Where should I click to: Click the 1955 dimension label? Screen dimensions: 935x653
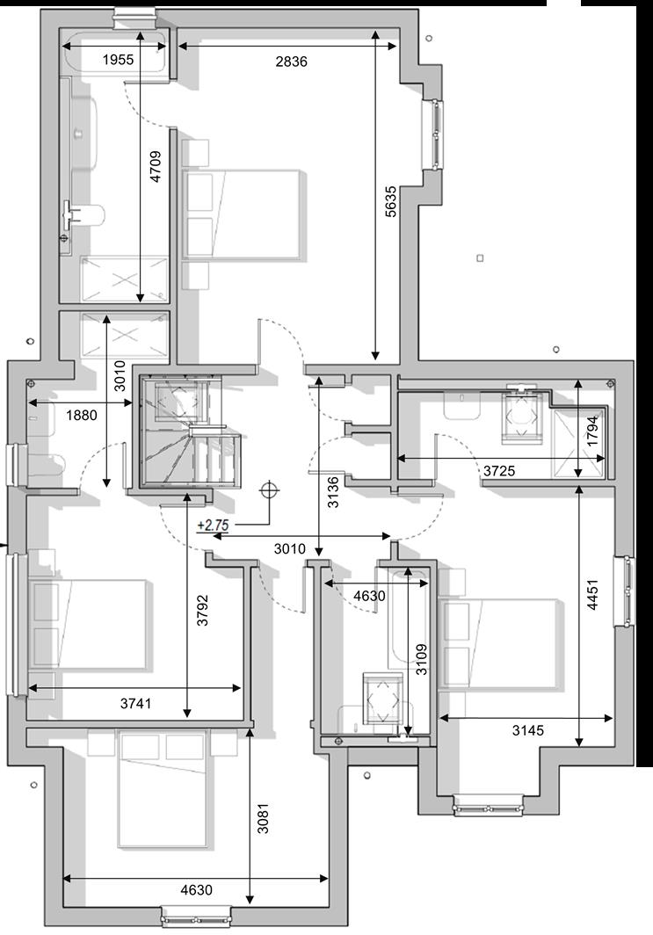point(119,61)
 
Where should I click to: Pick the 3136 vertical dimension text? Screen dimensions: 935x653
point(332,493)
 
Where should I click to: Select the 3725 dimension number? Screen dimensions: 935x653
point(499,472)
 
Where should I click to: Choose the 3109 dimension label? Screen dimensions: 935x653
point(422,659)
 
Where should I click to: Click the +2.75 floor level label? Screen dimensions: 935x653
point(213,525)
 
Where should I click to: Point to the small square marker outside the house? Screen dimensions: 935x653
point(480,258)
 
